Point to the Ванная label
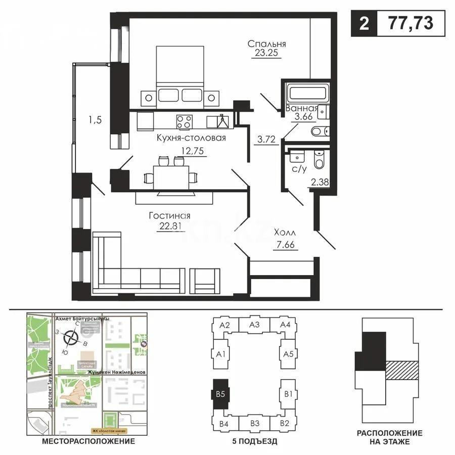(301, 108)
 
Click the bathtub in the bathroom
(308, 93)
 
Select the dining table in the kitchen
(170, 177)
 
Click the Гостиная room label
(169, 215)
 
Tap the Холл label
(285, 234)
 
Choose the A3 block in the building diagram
(254, 325)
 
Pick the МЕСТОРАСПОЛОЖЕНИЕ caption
(88, 441)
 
